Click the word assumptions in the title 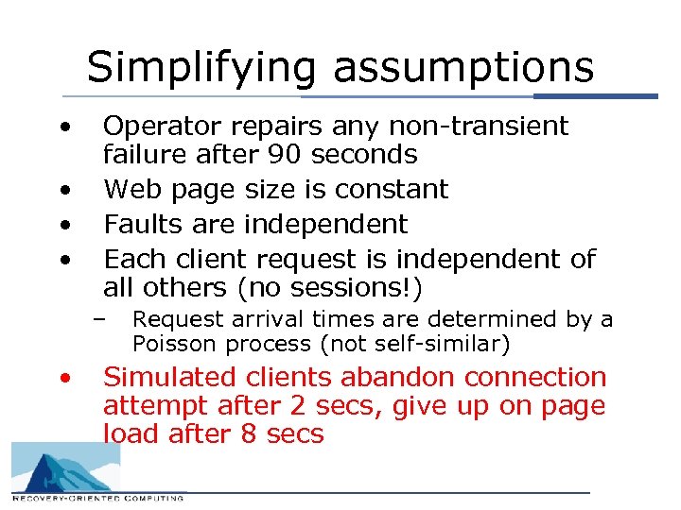[463, 68]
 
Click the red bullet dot [64, 379]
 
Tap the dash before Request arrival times [98, 318]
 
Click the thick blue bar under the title [596, 95]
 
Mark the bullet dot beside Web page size [64, 191]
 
